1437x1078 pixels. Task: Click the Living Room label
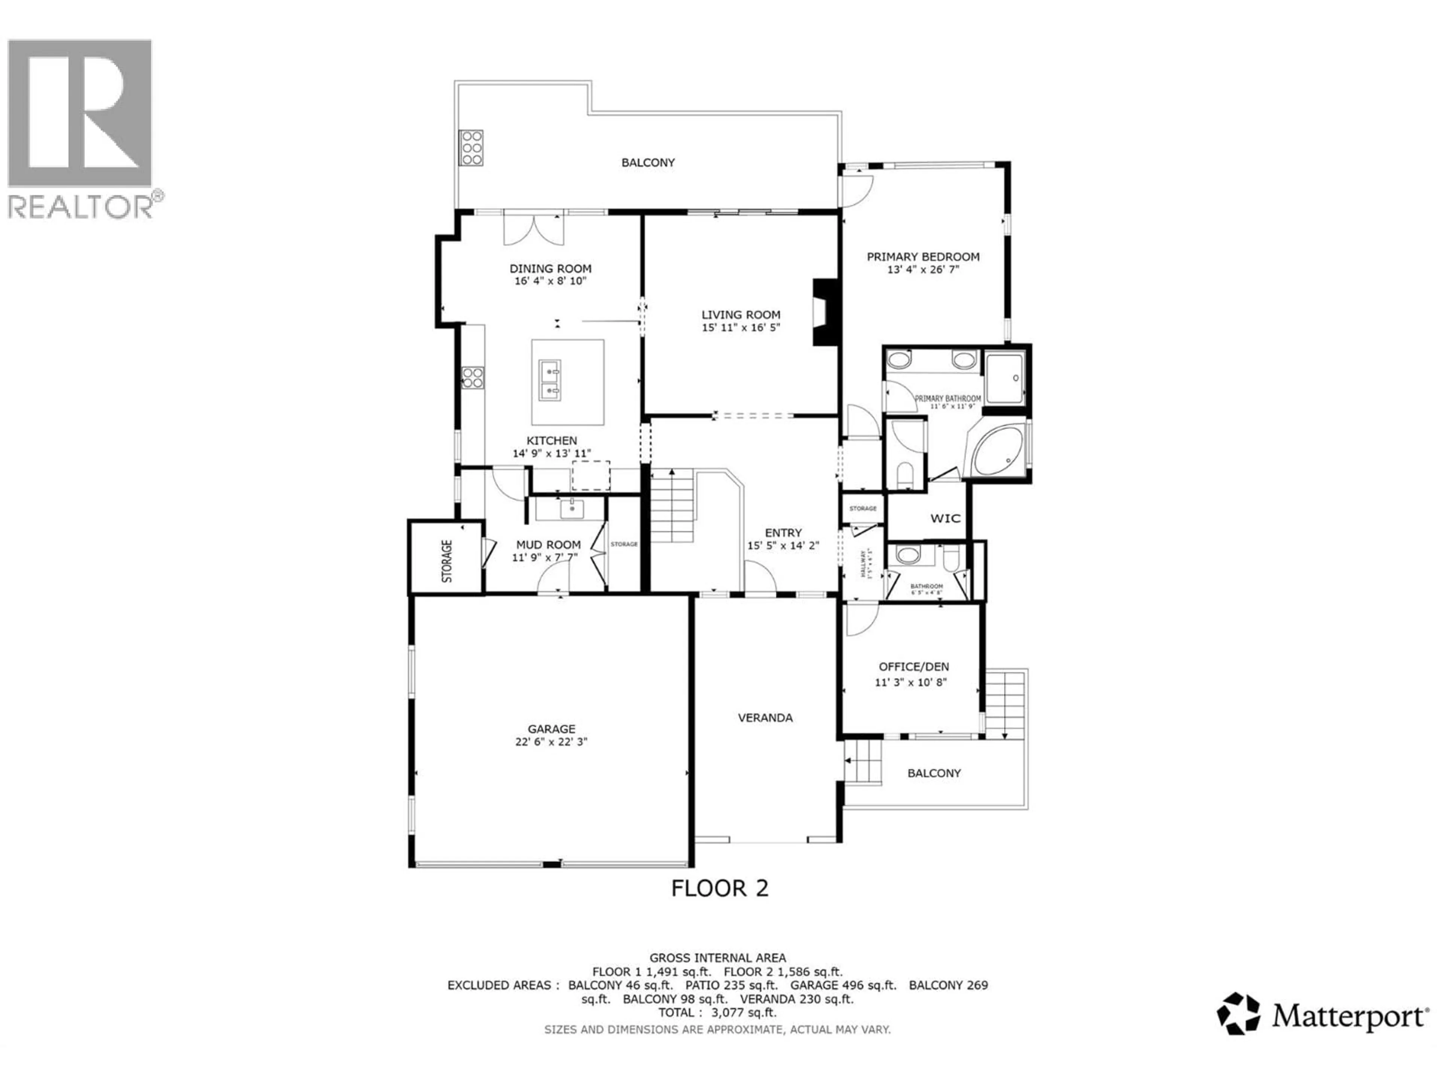tap(741, 314)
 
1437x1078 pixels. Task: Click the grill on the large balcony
tap(471, 148)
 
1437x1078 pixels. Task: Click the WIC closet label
tap(945, 518)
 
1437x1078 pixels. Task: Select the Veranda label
tap(765, 718)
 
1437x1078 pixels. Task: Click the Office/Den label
tap(913, 667)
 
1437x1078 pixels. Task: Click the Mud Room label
tap(548, 545)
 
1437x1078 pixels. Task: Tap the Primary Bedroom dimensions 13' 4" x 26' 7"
tap(923, 269)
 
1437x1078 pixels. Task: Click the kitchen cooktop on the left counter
tap(472, 378)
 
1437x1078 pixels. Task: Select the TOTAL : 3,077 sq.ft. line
tap(717, 1012)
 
